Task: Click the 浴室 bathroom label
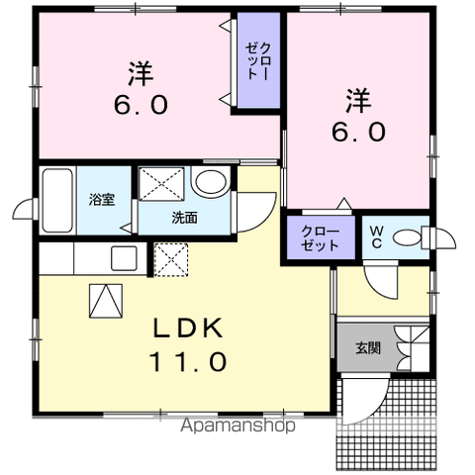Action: (102, 200)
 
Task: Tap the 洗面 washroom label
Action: (184, 218)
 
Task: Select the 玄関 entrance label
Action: (368, 347)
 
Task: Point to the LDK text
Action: (188, 329)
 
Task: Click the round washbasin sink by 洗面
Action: (208, 183)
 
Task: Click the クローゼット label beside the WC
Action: (320, 237)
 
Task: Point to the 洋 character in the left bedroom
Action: (139, 71)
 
